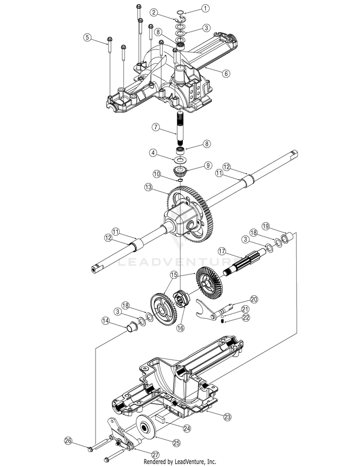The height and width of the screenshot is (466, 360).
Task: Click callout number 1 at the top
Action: (205, 8)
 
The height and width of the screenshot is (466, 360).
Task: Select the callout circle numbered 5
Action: (87, 37)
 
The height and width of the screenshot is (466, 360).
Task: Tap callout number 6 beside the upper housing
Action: (226, 73)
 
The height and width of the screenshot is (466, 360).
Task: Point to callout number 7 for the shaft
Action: (156, 127)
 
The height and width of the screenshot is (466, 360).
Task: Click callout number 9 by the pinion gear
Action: (207, 166)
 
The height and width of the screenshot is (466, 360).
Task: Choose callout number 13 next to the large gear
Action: (149, 187)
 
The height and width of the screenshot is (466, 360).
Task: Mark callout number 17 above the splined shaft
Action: (222, 251)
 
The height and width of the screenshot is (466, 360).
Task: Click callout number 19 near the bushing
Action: (266, 226)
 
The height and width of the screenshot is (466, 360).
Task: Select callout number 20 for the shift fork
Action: (254, 299)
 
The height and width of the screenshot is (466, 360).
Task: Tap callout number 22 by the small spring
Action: (246, 317)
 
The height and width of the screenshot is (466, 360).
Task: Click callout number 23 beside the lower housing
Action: (228, 417)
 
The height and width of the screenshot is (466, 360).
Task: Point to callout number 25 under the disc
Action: (177, 443)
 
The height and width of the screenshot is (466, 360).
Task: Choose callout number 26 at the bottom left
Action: (68, 441)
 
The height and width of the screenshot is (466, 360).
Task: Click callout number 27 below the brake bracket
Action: (155, 454)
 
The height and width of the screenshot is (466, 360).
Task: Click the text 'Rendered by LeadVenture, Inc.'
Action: (180, 462)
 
